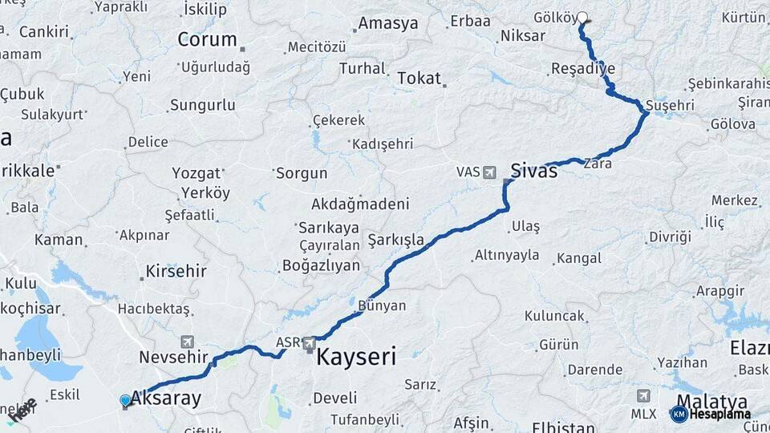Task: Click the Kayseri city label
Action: (x=356, y=357)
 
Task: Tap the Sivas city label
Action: (x=533, y=170)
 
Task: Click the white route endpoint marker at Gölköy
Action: (x=582, y=16)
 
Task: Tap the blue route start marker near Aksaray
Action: (x=125, y=400)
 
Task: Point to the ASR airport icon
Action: (x=310, y=343)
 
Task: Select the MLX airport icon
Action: (x=643, y=396)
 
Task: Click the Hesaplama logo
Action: (x=711, y=414)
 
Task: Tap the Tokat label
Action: (x=419, y=78)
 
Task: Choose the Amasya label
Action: (x=387, y=23)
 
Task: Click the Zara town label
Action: (x=598, y=163)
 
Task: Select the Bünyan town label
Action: (x=382, y=306)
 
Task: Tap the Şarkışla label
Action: (x=395, y=240)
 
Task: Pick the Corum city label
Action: (x=207, y=39)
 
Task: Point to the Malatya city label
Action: (x=712, y=401)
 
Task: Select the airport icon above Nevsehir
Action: (x=188, y=342)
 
